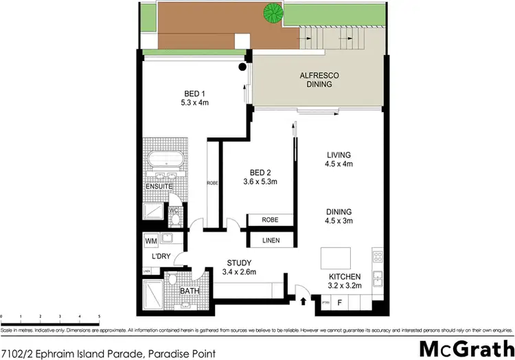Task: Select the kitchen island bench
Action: click(338, 258)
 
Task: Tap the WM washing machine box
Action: click(151, 242)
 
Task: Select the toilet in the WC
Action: click(176, 219)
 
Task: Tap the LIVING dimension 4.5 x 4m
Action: click(338, 164)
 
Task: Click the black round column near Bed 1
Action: click(242, 67)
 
